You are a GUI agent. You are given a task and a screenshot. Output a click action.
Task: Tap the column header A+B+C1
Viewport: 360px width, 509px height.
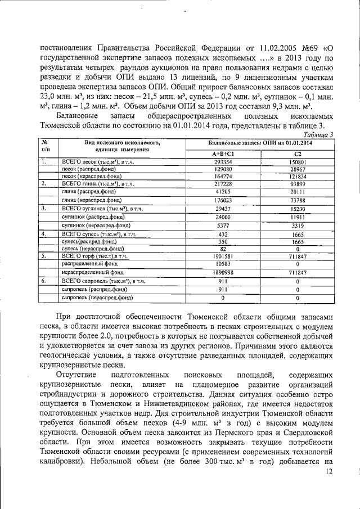223,154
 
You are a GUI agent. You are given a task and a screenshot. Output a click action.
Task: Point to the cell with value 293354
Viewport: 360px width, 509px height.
223,162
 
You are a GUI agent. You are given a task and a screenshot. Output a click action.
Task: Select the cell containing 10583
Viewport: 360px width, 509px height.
223,264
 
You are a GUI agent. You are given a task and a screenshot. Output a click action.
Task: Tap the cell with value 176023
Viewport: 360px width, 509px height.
223,200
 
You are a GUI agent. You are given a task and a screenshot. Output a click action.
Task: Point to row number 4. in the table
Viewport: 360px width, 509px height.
43,232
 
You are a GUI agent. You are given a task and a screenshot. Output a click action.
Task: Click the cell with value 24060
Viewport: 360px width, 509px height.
223,217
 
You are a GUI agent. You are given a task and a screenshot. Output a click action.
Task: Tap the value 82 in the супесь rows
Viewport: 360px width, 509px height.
223,248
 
